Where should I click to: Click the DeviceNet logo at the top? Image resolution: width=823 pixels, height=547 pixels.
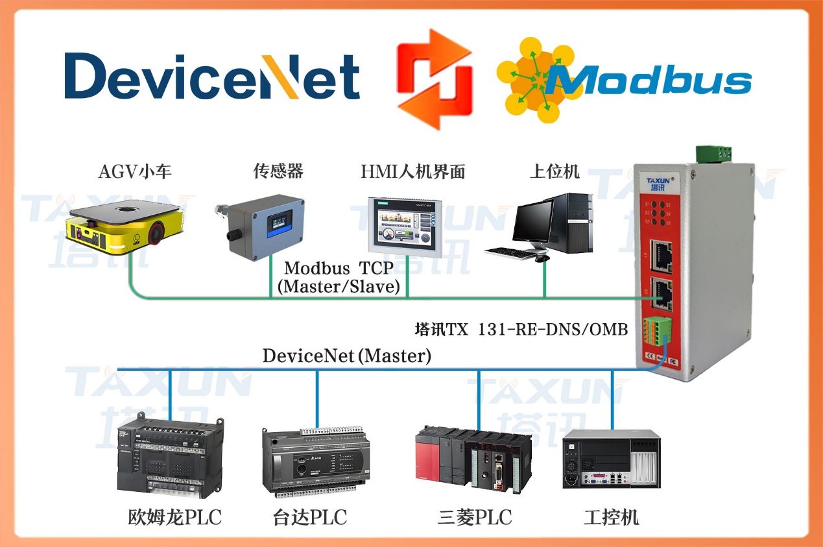(212, 76)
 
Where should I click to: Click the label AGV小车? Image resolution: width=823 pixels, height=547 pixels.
(135, 172)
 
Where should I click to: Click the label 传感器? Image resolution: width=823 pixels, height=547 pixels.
(278, 171)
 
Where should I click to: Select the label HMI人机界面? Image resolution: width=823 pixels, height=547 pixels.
(413, 172)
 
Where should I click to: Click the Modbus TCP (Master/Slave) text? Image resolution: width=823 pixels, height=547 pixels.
(339, 277)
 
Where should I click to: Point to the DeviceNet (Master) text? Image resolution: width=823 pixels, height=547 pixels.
(347, 355)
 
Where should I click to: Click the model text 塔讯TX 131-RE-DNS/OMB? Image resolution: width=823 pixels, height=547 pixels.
(521, 330)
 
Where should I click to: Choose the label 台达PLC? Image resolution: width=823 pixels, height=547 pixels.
(310, 517)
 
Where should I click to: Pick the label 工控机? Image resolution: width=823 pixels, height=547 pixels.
(612, 517)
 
